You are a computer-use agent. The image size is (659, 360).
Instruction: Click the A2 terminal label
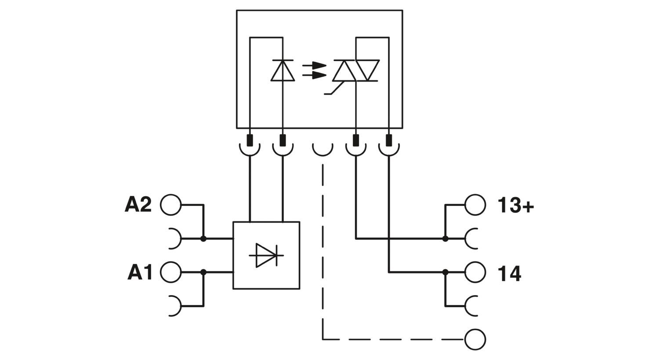(138, 205)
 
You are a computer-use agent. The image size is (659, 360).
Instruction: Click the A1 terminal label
(140, 272)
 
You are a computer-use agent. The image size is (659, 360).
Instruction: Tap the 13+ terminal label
(515, 205)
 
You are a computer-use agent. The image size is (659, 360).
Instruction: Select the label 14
(509, 273)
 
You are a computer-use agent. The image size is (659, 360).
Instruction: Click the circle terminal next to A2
(170, 205)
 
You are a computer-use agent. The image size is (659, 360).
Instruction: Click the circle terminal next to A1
(170, 272)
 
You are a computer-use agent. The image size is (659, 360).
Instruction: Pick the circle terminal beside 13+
(475, 205)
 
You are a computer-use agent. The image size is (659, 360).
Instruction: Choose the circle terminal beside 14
(475, 272)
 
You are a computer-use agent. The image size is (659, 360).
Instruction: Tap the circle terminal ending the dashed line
(475, 339)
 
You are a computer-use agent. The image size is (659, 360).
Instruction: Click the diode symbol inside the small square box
(266, 255)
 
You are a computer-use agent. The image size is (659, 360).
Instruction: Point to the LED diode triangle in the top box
(282, 71)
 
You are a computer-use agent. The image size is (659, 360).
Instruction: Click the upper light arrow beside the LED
(315, 66)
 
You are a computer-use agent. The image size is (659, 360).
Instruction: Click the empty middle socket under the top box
(322, 149)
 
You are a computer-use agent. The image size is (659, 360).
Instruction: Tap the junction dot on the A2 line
(203, 239)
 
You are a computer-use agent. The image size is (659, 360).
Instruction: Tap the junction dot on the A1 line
(203, 272)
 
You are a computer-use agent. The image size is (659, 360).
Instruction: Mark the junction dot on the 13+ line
(445, 239)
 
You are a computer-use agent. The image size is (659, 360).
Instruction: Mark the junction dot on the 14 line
(445, 272)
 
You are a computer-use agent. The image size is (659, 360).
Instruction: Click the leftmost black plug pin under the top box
(250, 140)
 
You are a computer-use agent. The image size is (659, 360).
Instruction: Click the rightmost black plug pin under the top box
(389, 140)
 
